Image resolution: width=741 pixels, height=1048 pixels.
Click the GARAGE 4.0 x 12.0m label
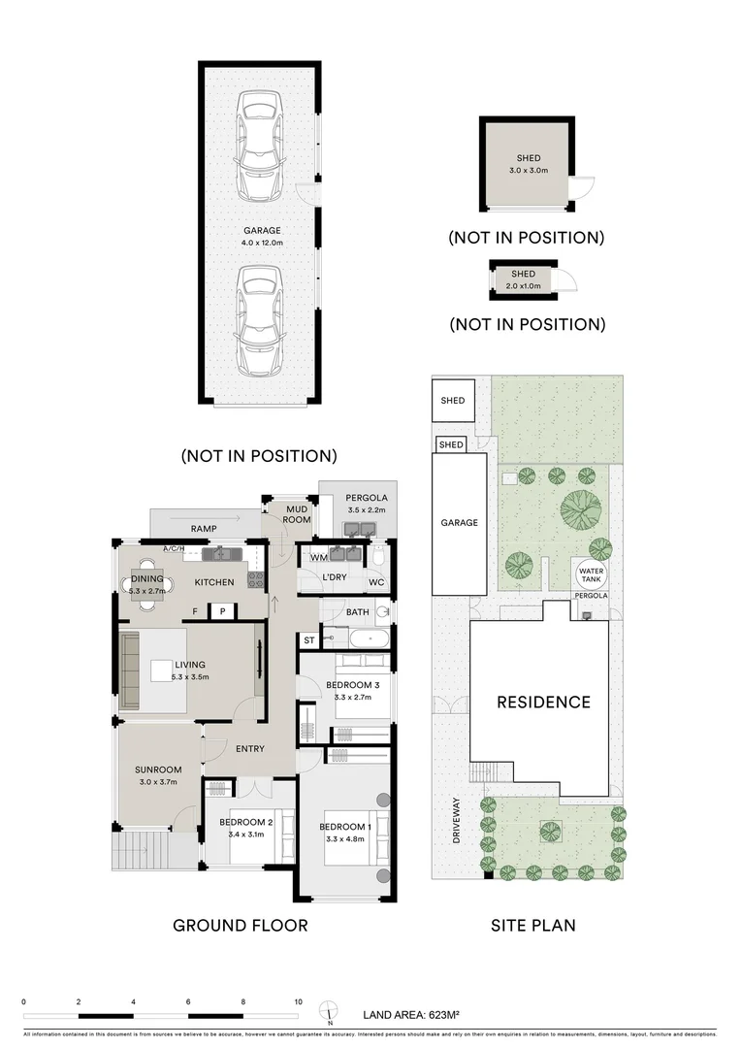click(262, 236)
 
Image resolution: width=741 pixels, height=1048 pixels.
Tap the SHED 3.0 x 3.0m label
click(529, 164)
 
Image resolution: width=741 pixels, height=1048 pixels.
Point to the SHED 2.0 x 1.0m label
click(523, 279)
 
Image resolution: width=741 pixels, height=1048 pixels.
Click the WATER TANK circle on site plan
click(591, 573)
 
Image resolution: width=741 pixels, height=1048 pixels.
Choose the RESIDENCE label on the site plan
click(543, 702)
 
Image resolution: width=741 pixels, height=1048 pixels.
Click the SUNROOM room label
click(157, 775)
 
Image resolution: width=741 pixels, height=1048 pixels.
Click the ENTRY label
click(250, 748)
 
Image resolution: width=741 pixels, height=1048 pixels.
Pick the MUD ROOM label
click(297, 513)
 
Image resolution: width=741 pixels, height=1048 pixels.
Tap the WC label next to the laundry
click(377, 582)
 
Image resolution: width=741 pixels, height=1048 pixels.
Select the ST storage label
click(308, 640)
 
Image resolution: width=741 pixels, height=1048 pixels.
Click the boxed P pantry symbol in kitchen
click(222, 611)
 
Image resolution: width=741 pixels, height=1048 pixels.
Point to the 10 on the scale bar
click(299, 1002)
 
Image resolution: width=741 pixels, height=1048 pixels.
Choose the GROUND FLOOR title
click(240, 925)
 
